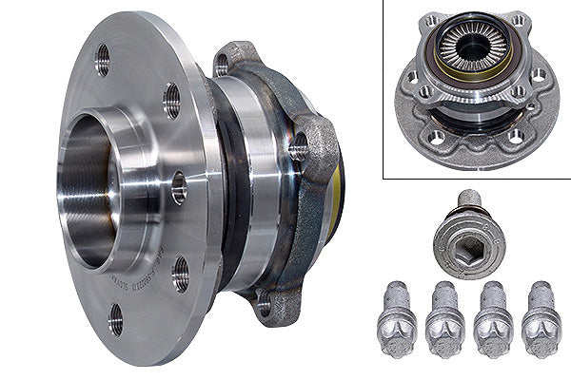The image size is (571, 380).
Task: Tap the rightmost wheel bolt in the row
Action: (541, 322)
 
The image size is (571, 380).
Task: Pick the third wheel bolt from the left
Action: (493, 322)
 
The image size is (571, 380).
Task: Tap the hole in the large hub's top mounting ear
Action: (223, 64)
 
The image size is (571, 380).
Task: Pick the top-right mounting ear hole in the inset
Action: (518, 20)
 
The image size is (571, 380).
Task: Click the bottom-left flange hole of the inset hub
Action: (437, 138)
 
